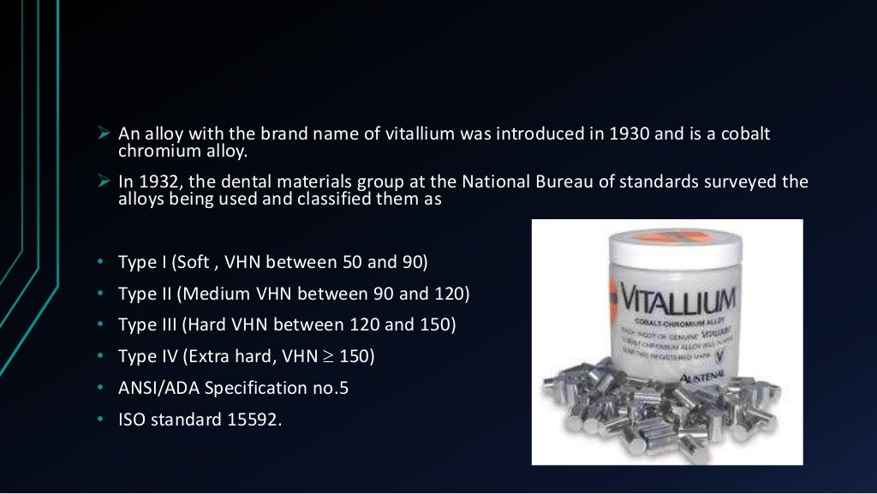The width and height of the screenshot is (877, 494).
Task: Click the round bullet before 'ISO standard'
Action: point(100,420)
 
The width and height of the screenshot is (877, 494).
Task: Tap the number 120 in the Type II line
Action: point(449,293)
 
